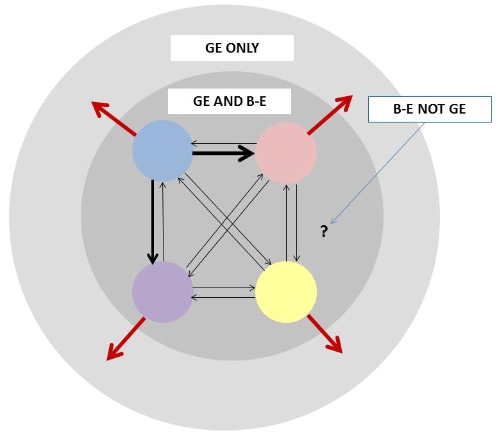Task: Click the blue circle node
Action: click(162, 151)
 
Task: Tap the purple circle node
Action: click(162, 292)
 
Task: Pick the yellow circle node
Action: click(286, 292)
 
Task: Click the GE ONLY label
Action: click(232, 48)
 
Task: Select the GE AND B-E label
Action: click(229, 101)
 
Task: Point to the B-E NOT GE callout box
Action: click(429, 109)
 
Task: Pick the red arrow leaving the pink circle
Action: click(330, 115)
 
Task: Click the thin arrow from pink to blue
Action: click(224, 142)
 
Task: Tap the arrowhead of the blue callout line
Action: click(334, 221)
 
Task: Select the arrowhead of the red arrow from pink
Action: click(346, 100)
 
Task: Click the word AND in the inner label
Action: click(229, 101)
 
